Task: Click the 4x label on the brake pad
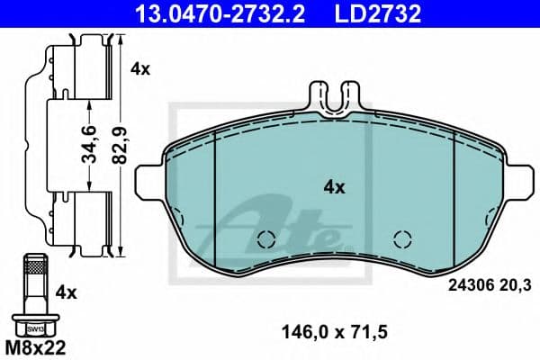[335, 187]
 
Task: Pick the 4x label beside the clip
[139, 67]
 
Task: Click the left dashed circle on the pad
[265, 238]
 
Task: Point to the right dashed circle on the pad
[403, 238]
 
